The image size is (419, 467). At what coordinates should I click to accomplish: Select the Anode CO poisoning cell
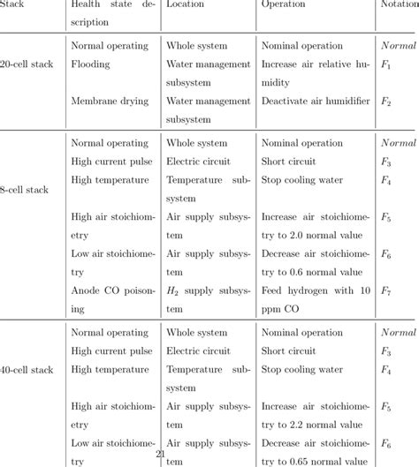tap(110, 300)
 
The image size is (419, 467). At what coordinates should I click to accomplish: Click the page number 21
tap(160, 454)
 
